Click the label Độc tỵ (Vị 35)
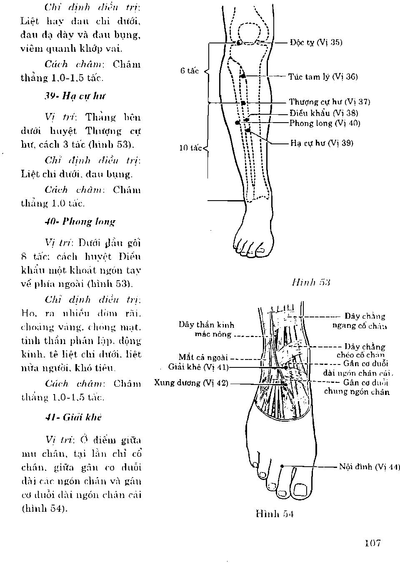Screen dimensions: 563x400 (x=316, y=43)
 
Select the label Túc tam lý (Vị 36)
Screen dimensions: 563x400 (x=323, y=77)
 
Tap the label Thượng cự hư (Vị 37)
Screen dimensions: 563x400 (x=329, y=102)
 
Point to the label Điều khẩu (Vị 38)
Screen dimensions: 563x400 (x=324, y=113)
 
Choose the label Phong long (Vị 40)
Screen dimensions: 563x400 (x=325, y=123)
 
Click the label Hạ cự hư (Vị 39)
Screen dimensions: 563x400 (x=322, y=143)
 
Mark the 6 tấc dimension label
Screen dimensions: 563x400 (x=190, y=71)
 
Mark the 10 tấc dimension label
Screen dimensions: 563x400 (x=190, y=148)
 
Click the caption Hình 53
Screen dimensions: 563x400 (x=311, y=282)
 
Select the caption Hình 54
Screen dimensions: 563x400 (x=275, y=514)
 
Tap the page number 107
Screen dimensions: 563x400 (x=372, y=543)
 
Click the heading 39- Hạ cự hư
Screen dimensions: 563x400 (x=75, y=96)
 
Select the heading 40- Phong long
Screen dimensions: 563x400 (x=80, y=221)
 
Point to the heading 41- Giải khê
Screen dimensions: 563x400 (x=73, y=417)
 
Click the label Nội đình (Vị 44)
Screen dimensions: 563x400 (x=369, y=467)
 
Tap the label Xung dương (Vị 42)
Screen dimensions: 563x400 (x=191, y=383)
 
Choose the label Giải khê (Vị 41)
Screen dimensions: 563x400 (x=198, y=367)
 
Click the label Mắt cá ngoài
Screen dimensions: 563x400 (x=203, y=357)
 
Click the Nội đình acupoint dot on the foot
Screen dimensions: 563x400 (x=282, y=466)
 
